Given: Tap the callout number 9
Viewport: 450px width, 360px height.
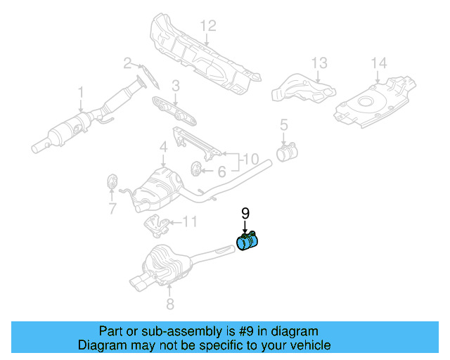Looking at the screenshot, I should (245, 212).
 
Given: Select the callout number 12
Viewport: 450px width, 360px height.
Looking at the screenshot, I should (207, 27).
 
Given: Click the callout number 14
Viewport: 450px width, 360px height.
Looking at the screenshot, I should (379, 64).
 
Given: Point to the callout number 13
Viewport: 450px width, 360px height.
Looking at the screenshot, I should (319, 64).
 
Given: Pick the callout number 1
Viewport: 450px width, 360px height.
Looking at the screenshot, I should (81, 92).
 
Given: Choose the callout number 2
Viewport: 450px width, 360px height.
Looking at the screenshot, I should (128, 64).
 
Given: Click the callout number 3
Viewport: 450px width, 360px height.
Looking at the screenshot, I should (176, 86).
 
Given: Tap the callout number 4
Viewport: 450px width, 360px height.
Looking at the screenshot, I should (162, 147).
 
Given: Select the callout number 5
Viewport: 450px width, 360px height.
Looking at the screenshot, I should (284, 125).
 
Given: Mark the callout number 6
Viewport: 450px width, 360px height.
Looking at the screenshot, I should (221, 171).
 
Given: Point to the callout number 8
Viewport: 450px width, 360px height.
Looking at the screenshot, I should (169, 304).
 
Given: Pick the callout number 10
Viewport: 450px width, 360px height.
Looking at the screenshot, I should (251, 160).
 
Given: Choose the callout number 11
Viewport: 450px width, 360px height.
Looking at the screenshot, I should (190, 223).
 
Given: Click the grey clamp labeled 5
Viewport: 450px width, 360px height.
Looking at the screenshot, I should (286, 152).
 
